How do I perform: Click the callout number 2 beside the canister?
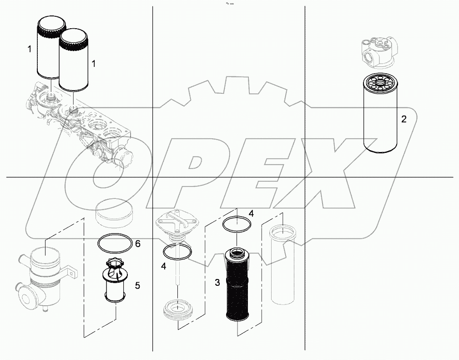[x=404, y=120]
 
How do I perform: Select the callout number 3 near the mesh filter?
[x=217, y=283]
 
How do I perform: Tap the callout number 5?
[x=137, y=285]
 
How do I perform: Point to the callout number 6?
[x=137, y=244]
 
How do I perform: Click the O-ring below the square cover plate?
[x=177, y=252]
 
